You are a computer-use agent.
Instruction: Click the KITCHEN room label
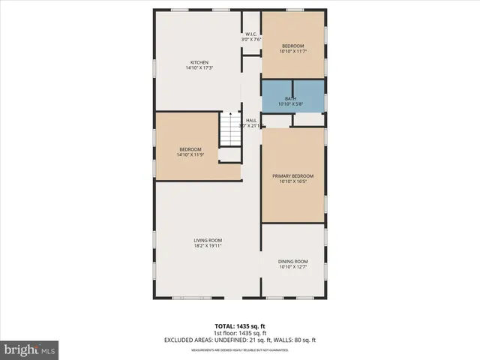pos(199,62)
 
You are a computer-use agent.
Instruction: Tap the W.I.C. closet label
pos(251,34)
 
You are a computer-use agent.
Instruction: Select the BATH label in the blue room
pos(289,98)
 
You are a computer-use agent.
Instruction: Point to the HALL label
pos(251,120)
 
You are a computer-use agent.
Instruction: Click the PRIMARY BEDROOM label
pos(292,175)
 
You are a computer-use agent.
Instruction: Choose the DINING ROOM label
pos(292,261)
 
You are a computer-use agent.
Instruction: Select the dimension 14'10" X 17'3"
pos(199,68)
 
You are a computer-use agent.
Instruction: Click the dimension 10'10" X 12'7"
pos(292,267)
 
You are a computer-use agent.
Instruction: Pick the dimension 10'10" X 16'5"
pos(292,181)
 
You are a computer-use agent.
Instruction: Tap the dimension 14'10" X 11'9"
pos(190,155)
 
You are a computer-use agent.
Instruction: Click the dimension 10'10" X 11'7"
pos(292,52)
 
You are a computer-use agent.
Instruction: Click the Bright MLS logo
pos(30,349)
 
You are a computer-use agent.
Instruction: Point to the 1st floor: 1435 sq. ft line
pos(240,334)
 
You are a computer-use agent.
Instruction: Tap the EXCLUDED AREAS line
pos(240,340)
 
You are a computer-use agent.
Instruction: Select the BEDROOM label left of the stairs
pos(190,149)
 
